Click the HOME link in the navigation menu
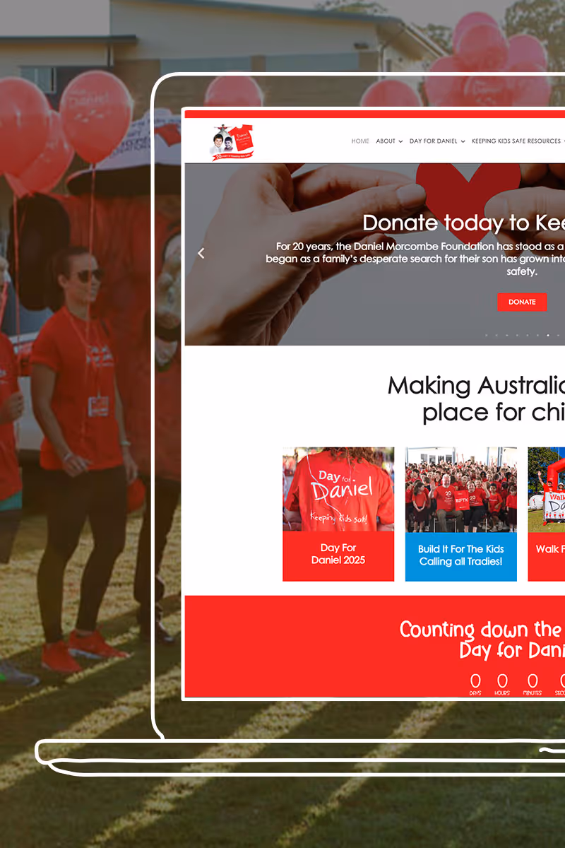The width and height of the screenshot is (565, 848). coord(360,141)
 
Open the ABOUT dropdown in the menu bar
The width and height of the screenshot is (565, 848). coord(389,141)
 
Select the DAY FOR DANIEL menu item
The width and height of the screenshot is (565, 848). coord(436,141)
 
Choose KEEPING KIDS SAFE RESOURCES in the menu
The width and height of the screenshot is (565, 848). coord(516,141)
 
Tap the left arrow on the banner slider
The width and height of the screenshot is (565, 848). coord(201,253)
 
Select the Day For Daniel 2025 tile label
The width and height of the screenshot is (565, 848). coord(338,555)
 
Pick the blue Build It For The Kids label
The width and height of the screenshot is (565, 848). coord(460,555)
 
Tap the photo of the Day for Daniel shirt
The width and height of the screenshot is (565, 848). coord(338,489)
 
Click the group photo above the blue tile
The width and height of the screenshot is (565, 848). coord(460,489)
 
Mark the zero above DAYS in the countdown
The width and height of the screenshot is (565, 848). coord(475,681)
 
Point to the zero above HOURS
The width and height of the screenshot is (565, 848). coord(502,681)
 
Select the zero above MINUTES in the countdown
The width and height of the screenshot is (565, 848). coord(533,681)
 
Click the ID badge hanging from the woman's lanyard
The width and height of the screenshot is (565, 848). coord(99,406)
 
